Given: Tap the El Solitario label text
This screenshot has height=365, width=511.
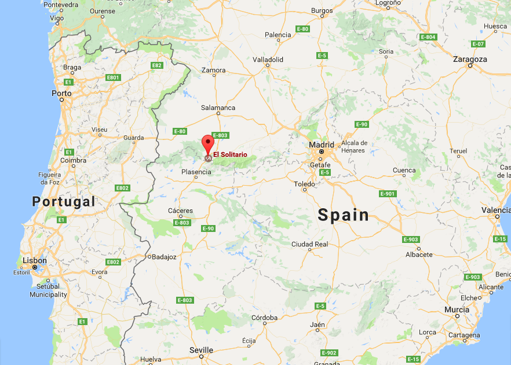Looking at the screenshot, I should pos(230,154).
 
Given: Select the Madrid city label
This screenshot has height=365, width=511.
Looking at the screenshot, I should pos(322,145).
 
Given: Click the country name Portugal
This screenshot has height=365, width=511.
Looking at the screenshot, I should pos(63,201).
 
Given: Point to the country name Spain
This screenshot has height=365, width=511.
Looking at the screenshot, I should pos(344,215).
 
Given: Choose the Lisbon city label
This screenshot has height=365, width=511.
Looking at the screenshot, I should pos(34,260).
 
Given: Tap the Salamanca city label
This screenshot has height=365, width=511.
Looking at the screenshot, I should pos(218,108).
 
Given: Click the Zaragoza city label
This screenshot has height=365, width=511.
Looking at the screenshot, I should pos(470,59).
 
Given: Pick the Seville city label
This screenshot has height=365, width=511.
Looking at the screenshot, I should pos(201,350).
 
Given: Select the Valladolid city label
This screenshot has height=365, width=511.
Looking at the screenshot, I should pos(268,59).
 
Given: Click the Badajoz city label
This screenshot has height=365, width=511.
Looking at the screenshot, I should pos(164,256).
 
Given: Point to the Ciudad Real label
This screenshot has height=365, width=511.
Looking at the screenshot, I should pos(309,244).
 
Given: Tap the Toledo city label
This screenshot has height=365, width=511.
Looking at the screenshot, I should pos(304,184).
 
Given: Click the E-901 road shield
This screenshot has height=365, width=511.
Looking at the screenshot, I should pos(388,193).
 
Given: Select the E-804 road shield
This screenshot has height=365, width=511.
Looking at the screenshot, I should pos(428,37).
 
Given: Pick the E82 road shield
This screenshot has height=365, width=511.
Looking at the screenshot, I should pos(157,65).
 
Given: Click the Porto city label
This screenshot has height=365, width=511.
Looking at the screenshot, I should pos(61,93).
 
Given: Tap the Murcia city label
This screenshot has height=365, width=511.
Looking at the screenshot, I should pos(457,309).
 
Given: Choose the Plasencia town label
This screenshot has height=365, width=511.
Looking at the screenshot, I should pos(196,172).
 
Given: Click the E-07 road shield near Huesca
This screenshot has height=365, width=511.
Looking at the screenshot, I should pos(478,44).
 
